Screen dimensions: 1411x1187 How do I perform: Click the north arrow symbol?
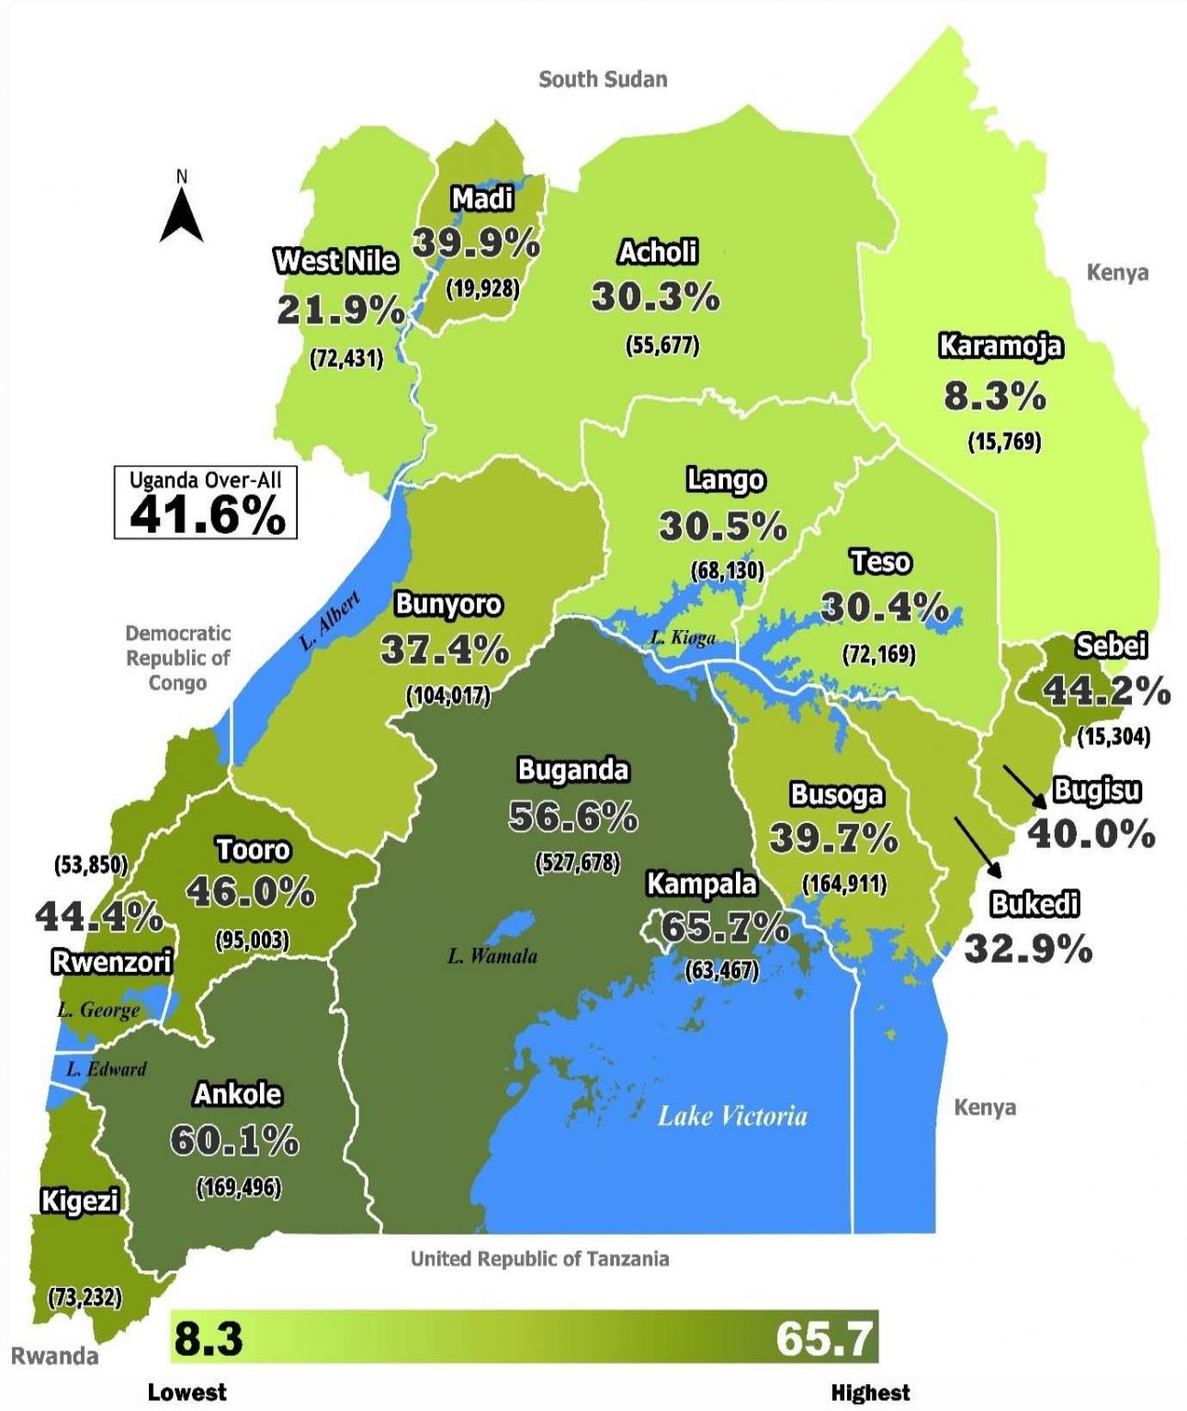[x=181, y=214]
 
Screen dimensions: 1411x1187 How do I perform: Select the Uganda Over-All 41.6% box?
[x=206, y=502]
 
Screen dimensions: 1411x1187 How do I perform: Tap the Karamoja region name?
[x=1000, y=346]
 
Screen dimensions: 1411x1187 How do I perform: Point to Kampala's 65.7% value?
[x=724, y=928]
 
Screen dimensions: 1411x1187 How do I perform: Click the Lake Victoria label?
[x=732, y=1116]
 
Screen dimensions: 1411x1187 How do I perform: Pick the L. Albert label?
[x=330, y=622]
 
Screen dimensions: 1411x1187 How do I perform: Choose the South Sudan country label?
[x=603, y=79]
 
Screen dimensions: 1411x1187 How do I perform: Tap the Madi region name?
[x=482, y=198]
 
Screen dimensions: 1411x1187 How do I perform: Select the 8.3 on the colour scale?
[x=209, y=1338]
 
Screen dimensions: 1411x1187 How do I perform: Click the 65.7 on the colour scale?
[x=823, y=1338]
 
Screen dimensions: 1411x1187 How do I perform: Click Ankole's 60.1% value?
[x=234, y=1141]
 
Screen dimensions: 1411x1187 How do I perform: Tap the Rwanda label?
[x=54, y=1356]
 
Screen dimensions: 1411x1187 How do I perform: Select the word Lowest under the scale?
[x=187, y=1392]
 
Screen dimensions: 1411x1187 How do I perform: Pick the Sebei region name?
[x=1111, y=646]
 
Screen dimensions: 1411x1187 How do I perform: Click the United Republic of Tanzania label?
[x=539, y=1259]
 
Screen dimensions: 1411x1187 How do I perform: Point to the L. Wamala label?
[x=492, y=956]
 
